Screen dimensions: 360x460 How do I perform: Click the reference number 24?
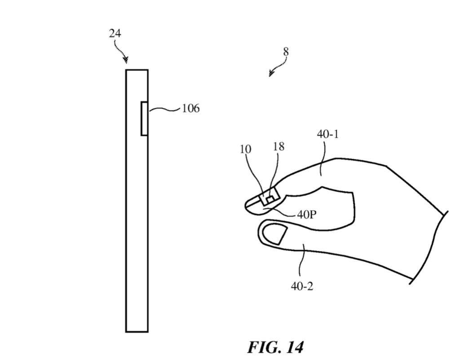tap(115, 33)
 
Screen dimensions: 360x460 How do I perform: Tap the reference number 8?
tap(286, 52)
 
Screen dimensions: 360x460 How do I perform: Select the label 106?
tap(190, 109)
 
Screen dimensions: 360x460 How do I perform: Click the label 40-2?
tap(302, 286)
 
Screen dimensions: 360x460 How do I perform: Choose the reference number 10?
tap(246, 149)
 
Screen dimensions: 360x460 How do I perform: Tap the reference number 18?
tap(278, 147)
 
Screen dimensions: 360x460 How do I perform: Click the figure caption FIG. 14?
tap(275, 347)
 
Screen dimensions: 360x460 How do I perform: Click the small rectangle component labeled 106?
tap(144, 119)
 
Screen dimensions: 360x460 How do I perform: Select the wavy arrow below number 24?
tap(122, 52)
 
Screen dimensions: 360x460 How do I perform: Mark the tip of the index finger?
tap(248, 205)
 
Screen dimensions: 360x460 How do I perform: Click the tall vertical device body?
tap(137, 224)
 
